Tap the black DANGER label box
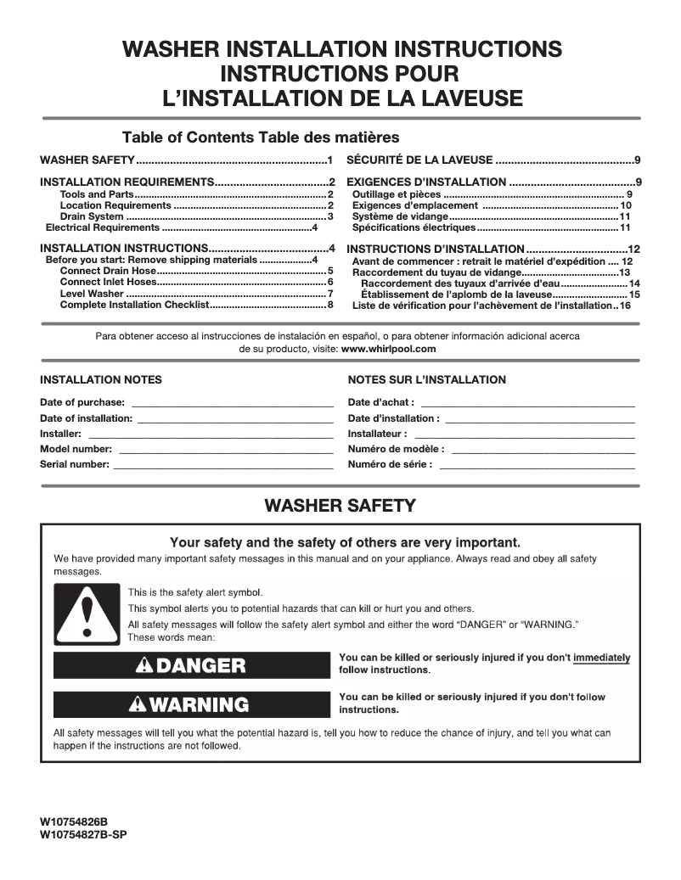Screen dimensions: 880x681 [x=191, y=665]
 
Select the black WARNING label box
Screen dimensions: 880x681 [x=191, y=704]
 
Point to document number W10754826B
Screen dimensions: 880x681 [x=74, y=822]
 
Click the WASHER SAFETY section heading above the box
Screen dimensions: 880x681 [x=340, y=506]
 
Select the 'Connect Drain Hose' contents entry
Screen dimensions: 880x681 [x=108, y=271]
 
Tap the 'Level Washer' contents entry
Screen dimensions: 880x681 [x=92, y=294]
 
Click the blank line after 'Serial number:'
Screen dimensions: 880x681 [x=222, y=466]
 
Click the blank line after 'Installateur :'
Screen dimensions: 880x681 [x=524, y=434]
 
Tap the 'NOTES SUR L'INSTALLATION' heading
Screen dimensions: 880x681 [x=426, y=380]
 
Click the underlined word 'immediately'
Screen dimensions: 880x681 [x=601, y=658]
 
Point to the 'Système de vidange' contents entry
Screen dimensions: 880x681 [x=399, y=217]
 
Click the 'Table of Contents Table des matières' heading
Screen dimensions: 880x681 [x=261, y=137]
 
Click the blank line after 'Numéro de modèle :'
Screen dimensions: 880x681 [x=543, y=450]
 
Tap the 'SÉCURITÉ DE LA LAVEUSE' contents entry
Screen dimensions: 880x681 [x=419, y=160]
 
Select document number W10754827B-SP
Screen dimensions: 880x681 [x=83, y=834]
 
